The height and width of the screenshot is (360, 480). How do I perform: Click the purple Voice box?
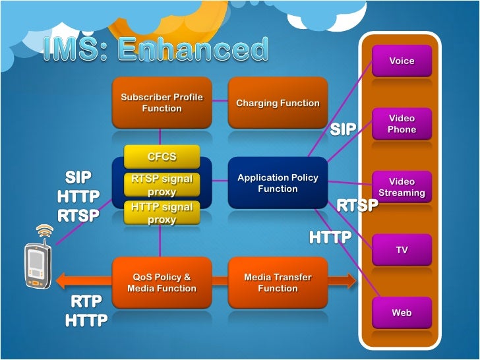point(402,61)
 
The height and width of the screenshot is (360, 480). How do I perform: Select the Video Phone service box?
point(402,124)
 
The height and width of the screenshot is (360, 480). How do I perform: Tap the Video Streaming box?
point(402,187)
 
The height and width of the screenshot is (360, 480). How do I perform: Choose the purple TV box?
point(402,250)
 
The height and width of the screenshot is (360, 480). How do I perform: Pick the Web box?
point(402,313)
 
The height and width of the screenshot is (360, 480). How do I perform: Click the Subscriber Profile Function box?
point(162,102)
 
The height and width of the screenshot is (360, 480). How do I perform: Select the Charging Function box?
point(278,103)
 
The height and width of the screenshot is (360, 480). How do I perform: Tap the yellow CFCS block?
point(162,157)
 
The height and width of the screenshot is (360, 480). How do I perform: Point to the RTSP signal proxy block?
point(162,185)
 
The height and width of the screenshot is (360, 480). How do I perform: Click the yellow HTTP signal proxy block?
point(162,212)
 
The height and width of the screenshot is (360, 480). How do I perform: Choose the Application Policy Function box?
point(278,183)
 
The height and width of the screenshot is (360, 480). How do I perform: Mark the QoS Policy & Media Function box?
point(162,283)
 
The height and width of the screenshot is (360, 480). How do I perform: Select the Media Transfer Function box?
point(278,283)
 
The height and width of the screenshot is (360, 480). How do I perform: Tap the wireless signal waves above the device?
point(44,231)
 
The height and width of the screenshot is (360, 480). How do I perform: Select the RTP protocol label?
point(86,302)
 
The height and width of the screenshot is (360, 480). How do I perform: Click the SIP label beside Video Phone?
point(343,129)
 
